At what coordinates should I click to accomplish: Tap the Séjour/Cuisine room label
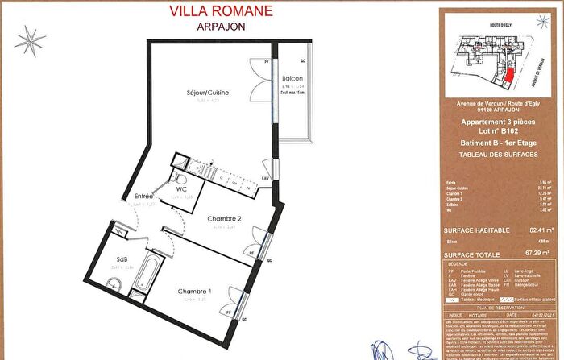point(207,93)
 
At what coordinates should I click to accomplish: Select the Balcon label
point(292,79)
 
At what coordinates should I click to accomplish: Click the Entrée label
point(144,196)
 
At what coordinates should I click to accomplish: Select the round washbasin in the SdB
point(114,282)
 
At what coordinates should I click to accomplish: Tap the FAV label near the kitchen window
point(266,178)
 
